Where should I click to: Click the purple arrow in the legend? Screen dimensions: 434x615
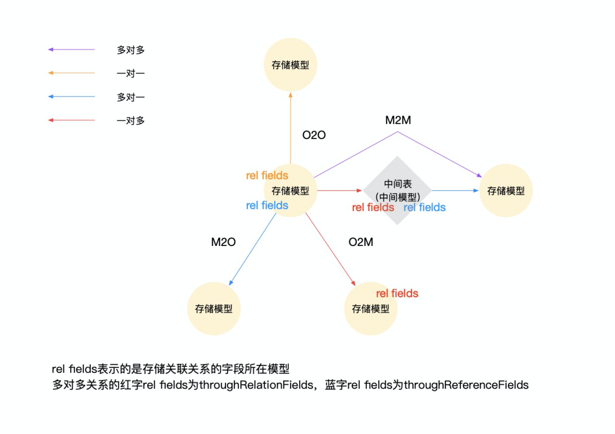71,50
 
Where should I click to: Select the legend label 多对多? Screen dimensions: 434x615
131,50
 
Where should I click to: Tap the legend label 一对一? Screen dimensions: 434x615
131,73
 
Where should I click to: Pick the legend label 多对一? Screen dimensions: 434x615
131,97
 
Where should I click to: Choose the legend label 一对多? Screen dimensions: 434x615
131,121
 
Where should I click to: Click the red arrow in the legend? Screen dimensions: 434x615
71,120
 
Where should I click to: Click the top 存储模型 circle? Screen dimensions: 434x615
290,65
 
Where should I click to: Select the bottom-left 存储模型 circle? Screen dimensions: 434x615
214,309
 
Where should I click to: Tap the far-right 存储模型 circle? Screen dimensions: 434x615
506,191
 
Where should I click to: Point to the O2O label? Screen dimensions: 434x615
314,135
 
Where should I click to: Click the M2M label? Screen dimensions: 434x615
398,120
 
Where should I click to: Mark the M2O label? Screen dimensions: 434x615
223,242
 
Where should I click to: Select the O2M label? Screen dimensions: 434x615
361,242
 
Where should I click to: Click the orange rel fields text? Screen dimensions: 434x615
267,176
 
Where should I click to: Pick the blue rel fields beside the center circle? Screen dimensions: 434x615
267,205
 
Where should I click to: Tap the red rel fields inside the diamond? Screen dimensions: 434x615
373,207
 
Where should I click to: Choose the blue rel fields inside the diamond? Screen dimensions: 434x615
424,207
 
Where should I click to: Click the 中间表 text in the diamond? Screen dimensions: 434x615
398,184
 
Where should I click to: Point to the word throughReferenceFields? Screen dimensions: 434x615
466,385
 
